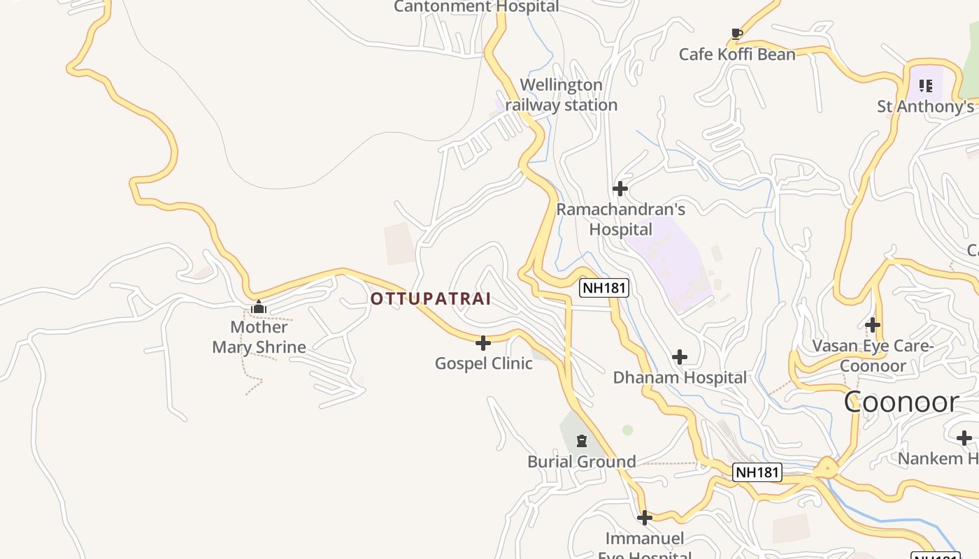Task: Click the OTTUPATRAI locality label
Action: (x=430, y=299)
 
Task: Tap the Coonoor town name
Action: (x=901, y=402)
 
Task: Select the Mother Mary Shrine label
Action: (x=259, y=337)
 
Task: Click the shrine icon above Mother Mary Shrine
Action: (x=259, y=307)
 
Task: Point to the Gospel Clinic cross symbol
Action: (x=483, y=343)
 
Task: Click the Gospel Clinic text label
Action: (x=483, y=363)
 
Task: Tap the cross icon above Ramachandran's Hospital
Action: (x=620, y=189)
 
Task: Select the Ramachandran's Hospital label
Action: (x=620, y=219)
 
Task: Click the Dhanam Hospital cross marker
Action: (x=679, y=357)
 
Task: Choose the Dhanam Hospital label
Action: (x=680, y=378)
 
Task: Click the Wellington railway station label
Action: (x=561, y=95)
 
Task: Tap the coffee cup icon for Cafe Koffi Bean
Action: (x=736, y=33)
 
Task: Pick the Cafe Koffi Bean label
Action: (x=737, y=55)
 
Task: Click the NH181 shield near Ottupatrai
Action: (x=604, y=287)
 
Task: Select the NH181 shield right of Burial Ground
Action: (x=757, y=472)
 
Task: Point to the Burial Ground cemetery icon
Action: (x=581, y=441)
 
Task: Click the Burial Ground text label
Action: (x=581, y=462)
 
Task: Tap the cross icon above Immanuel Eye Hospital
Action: (x=644, y=518)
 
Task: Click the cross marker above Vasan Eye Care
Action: (x=872, y=325)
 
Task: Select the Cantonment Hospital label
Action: (x=476, y=7)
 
